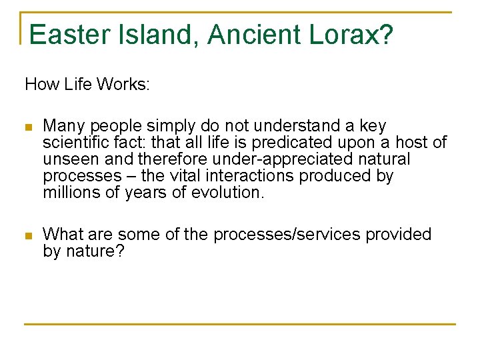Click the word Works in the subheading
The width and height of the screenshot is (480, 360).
(x=123, y=85)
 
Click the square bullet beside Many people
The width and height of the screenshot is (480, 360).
(x=27, y=127)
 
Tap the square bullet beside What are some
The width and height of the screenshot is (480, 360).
(x=27, y=235)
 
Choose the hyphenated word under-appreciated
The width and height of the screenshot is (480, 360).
(x=254, y=159)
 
